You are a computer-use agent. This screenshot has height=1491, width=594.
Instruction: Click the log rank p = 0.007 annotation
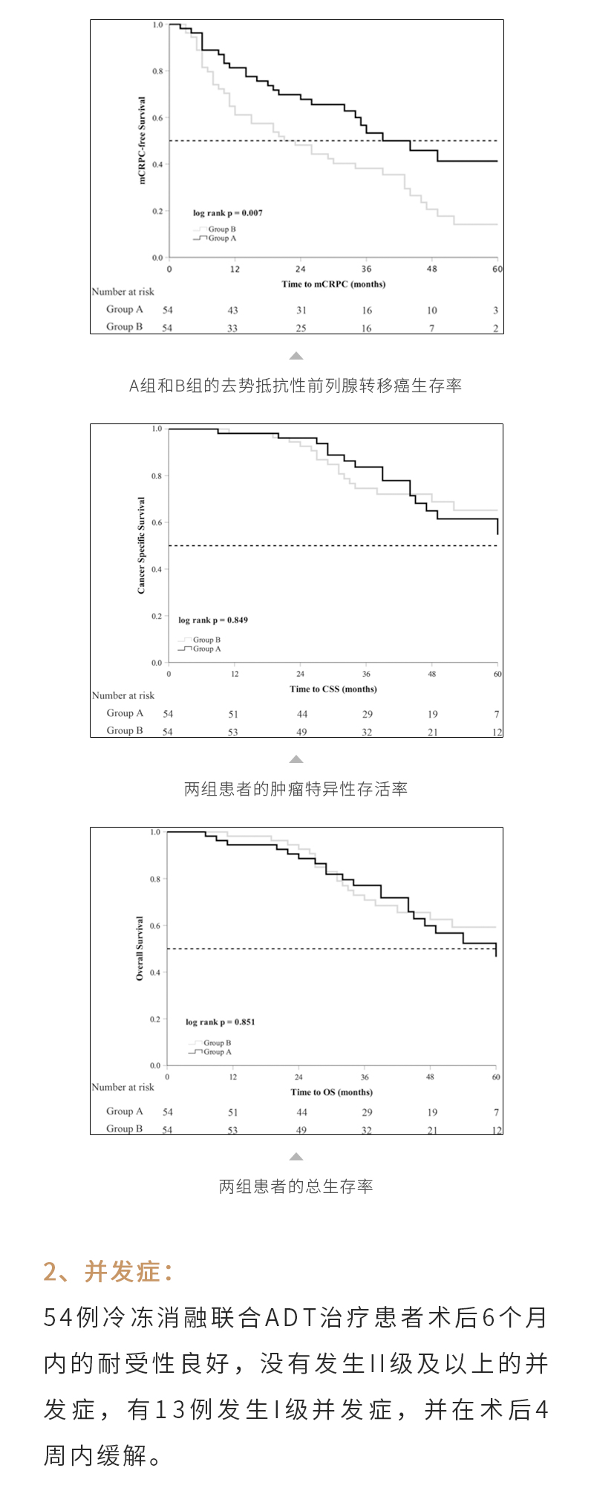click(x=227, y=213)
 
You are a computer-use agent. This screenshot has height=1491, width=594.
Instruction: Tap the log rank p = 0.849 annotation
click(x=213, y=620)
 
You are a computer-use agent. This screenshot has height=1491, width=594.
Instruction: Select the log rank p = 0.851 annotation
click(x=220, y=1021)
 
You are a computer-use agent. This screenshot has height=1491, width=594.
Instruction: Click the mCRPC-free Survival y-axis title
click(x=143, y=140)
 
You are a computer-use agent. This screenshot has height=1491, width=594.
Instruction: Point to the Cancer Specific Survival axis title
click(x=141, y=545)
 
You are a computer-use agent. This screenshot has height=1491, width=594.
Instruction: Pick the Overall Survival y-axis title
click(x=140, y=948)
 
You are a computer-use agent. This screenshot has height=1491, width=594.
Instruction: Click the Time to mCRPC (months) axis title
click(x=333, y=284)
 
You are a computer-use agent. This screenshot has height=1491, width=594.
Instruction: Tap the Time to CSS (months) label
click(x=333, y=689)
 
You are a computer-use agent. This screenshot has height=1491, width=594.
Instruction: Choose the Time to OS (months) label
click(x=331, y=1092)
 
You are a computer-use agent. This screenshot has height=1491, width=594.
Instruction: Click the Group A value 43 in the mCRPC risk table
click(x=232, y=311)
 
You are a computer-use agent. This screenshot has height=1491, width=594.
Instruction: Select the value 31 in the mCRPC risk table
click(x=301, y=311)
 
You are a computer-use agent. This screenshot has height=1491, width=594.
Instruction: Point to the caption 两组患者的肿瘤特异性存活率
click(x=296, y=789)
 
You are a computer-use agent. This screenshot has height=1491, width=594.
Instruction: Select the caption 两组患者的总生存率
click(x=296, y=1186)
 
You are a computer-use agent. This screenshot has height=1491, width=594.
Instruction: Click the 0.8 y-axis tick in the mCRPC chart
click(x=157, y=71)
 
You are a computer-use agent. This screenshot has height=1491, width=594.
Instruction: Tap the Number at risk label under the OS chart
click(x=123, y=1087)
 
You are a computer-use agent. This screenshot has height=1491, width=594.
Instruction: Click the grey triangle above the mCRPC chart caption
click(x=296, y=356)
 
